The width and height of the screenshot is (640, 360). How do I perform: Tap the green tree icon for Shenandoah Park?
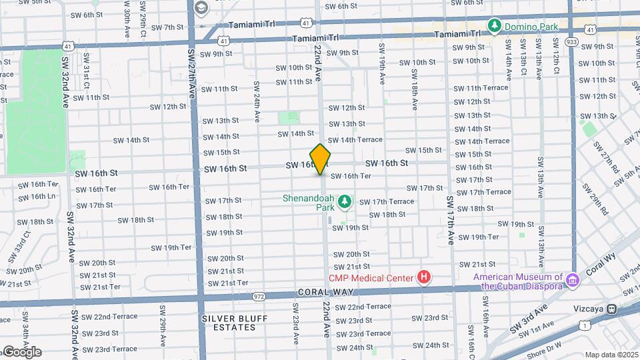[x=345, y=201]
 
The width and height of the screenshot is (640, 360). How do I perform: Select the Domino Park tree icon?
[x=494, y=26]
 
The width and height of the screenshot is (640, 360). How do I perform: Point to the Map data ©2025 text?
[x=611, y=355]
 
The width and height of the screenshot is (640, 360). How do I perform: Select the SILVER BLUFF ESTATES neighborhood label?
[x=229, y=323]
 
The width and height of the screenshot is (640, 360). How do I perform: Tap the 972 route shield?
[x=260, y=295]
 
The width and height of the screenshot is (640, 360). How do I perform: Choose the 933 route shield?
[x=571, y=42]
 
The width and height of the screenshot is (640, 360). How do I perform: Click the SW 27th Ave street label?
[x=191, y=73]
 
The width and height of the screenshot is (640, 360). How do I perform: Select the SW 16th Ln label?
[x=37, y=196]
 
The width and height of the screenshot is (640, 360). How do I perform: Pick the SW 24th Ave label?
[x=256, y=107]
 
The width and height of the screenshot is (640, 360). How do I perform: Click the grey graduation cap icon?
[x=201, y=7]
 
